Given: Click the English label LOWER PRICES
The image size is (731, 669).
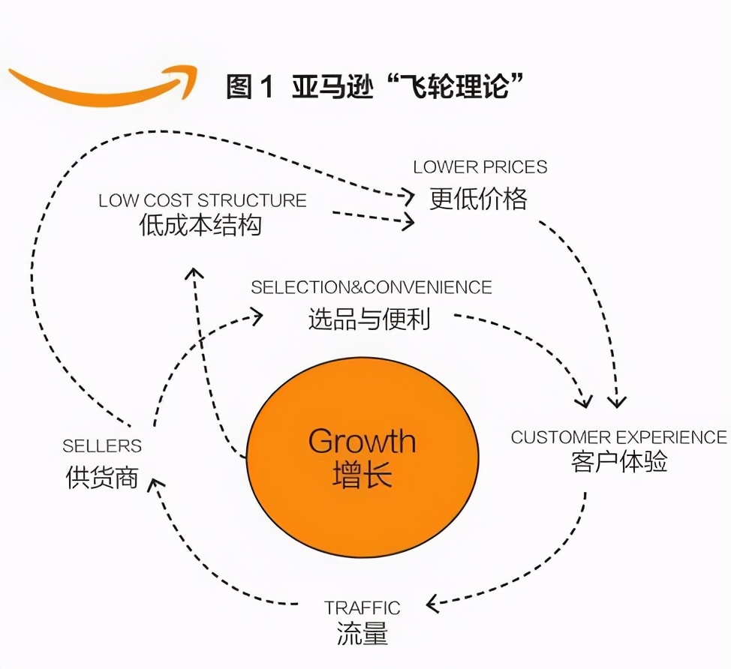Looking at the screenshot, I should (480, 166).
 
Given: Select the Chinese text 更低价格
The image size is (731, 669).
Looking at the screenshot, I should (479, 199).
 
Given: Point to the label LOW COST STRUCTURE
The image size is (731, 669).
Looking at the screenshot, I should (203, 200).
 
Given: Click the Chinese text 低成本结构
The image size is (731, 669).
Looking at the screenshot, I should (201, 225).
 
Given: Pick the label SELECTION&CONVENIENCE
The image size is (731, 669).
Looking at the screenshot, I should (372, 287).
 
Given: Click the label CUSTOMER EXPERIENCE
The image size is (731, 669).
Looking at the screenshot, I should (619, 437).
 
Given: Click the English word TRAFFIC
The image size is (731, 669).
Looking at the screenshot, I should (362, 607).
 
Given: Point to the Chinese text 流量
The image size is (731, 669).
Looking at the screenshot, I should (362, 634).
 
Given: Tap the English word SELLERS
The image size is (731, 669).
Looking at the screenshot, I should (102, 446).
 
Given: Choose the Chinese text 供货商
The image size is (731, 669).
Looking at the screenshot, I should (102, 478).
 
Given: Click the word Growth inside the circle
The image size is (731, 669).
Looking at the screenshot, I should (362, 441).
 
